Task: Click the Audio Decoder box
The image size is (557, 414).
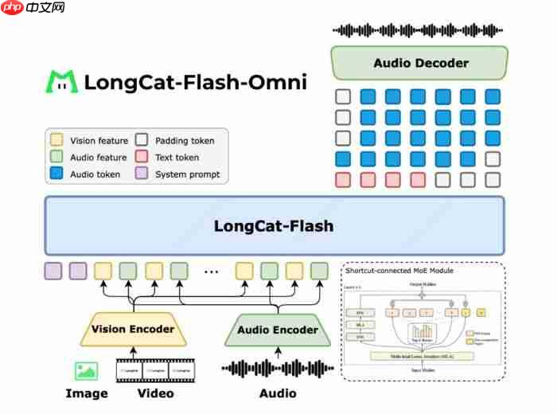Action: (x=419, y=63)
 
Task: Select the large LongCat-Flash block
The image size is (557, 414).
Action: (x=274, y=226)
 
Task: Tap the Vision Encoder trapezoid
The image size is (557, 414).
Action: (x=132, y=329)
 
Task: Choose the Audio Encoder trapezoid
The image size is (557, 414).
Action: (x=277, y=330)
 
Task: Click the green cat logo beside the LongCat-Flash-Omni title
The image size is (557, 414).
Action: (x=61, y=82)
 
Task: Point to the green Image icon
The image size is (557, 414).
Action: (x=86, y=370)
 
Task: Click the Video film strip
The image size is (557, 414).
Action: (x=156, y=370)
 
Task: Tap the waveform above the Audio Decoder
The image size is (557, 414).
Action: (x=418, y=30)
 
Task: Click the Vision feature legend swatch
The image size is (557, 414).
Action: (x=56, y=141)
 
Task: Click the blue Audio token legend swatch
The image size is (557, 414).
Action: (x=56, y=174)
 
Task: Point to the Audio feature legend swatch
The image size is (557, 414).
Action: (x=56, y=158)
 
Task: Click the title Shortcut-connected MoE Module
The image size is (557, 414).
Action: (x=396, y=271)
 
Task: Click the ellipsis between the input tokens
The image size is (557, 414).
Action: (x=211, y=271)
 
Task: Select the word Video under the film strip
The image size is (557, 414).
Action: (x=156, y=393)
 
